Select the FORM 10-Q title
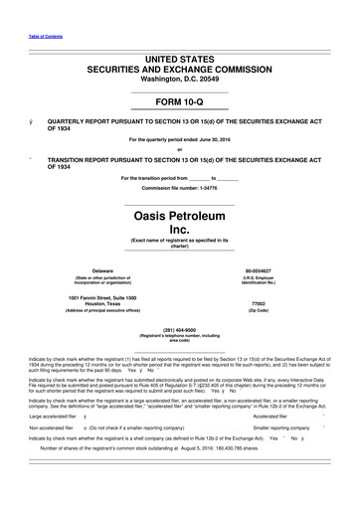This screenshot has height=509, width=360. tap(180, 101)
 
